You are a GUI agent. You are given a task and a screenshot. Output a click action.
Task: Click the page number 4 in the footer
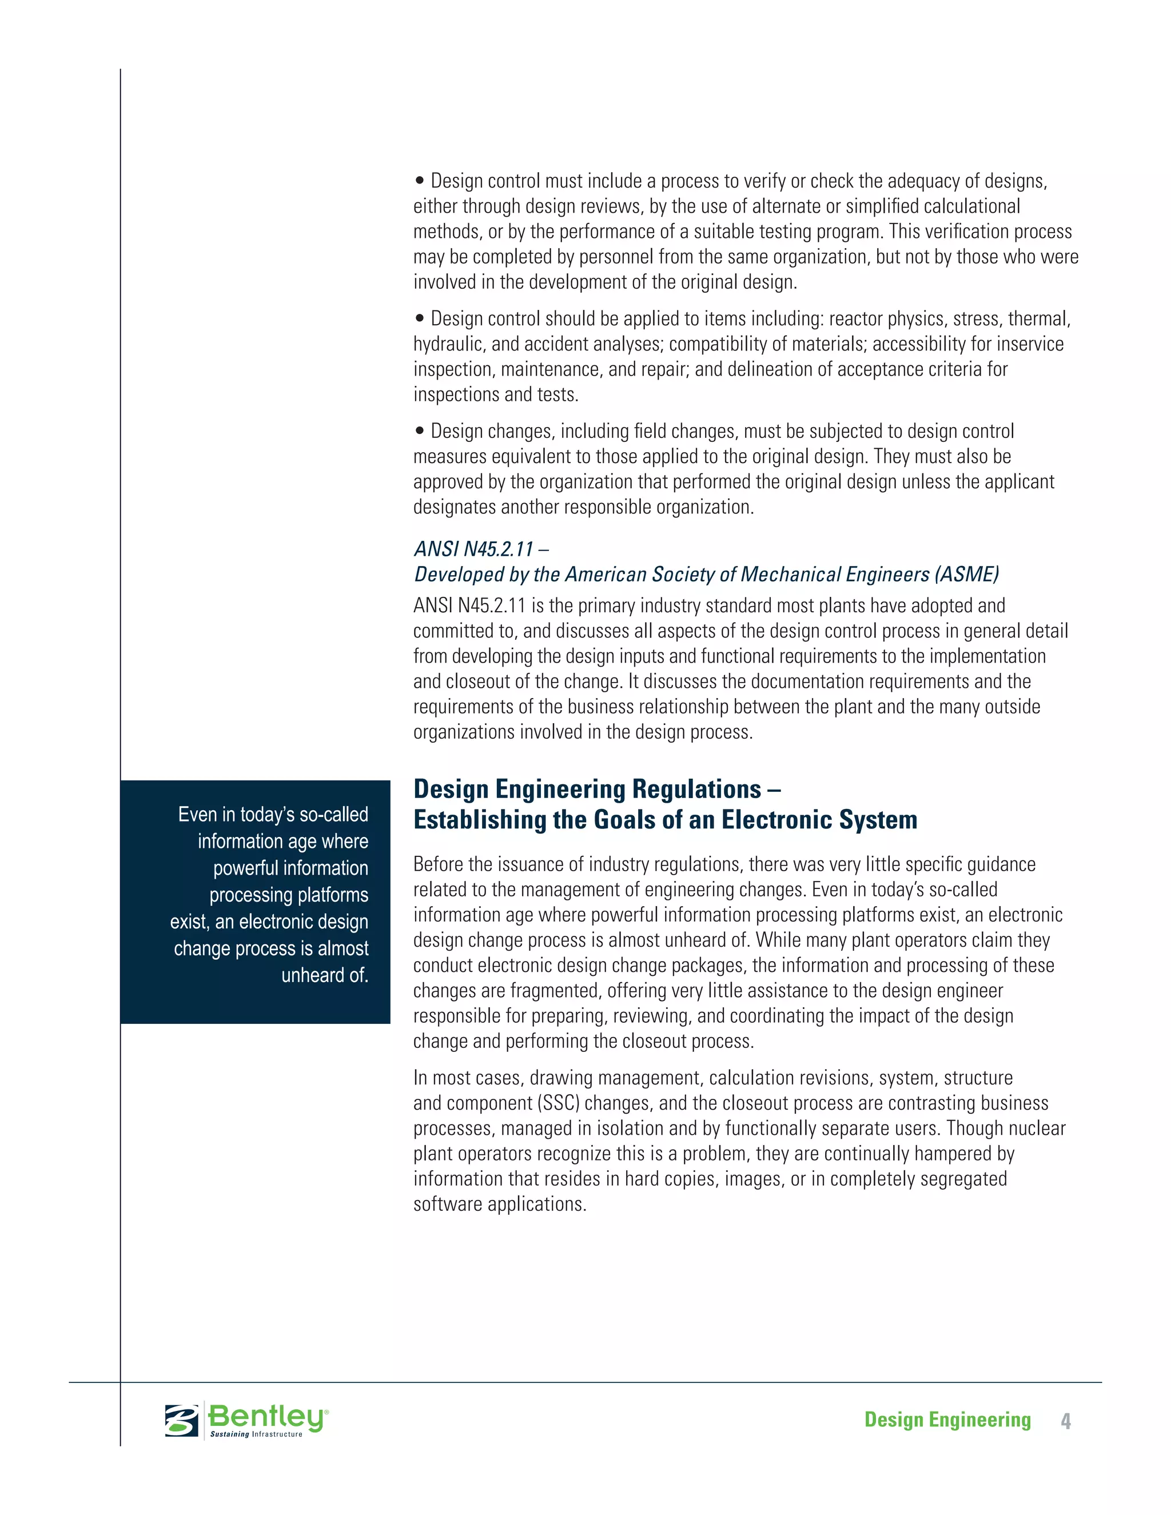[1066, 1421]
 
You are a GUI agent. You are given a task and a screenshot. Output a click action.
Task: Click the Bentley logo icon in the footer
[182, 1420]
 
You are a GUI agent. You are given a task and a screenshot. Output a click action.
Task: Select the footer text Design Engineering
[947, 1420]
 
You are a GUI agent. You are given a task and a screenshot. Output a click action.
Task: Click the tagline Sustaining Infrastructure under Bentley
[256, 1434]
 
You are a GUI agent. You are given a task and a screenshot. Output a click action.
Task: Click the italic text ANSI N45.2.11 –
[481, 549]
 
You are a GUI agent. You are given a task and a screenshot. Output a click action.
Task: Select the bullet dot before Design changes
[419, 432]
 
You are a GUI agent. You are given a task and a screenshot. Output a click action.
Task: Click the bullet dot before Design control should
[419, 319]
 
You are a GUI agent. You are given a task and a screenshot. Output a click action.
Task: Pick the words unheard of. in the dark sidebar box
[324, 975]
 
